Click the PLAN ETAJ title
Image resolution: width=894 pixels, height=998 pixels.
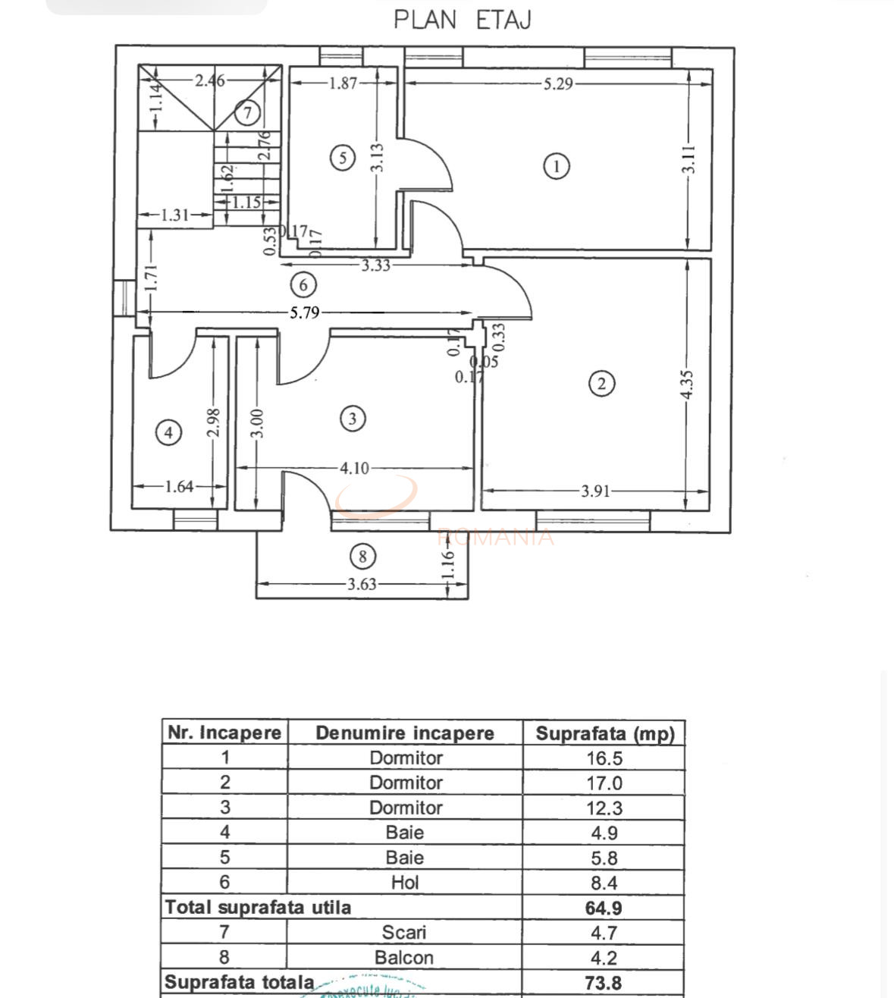pos(462,20)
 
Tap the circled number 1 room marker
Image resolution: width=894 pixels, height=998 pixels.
pos(557,166)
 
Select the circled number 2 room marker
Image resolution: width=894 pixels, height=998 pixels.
pos(601,383)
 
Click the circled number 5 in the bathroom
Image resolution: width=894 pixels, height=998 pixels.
pos(343,158)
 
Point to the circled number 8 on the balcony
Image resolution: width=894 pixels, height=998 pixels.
pos(362,557)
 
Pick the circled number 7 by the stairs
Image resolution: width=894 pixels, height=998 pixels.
pos(247,113)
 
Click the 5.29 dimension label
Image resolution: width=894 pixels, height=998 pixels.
pos(558,83)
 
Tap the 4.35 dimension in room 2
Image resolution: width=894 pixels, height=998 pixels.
pos(686,385)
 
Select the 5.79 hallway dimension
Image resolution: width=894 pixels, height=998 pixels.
pos(305,312)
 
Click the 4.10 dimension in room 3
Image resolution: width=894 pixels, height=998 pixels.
pos(354,468)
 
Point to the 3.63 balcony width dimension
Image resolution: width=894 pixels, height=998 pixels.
pos(362,584)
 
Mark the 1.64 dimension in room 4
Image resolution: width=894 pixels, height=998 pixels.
pos(179,486)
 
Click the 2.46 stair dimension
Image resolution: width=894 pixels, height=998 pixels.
pos(209,80)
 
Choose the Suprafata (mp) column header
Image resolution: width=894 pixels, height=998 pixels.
pos(604,733)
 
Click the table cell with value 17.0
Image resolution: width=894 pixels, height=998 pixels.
pos(604,783)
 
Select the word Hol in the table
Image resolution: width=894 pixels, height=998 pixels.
pos(405,883)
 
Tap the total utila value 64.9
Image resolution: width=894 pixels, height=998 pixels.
pos(604,908)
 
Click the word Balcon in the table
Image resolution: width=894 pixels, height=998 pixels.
pos(404,958)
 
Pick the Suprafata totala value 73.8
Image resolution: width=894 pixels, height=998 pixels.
pos(604,983)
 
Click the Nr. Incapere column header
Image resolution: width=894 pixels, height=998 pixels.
pos(224,733)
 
